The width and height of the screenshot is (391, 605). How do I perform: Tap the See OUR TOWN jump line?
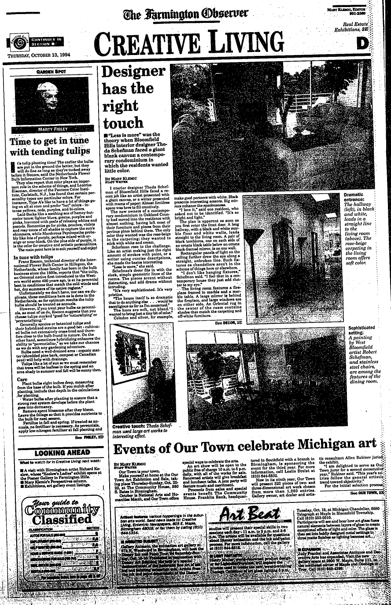(x=368, y=493)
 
